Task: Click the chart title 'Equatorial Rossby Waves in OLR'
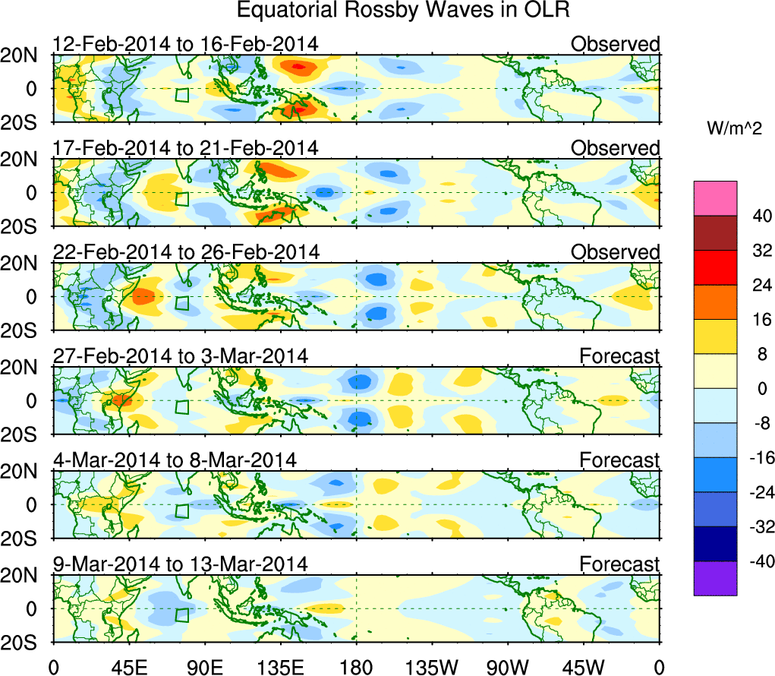(403, 11)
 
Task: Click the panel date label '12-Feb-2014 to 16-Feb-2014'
(185, 44)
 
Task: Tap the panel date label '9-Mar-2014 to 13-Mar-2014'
(180, 564)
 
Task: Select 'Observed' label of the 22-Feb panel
(616, 251)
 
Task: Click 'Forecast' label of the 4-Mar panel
(620, 460)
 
